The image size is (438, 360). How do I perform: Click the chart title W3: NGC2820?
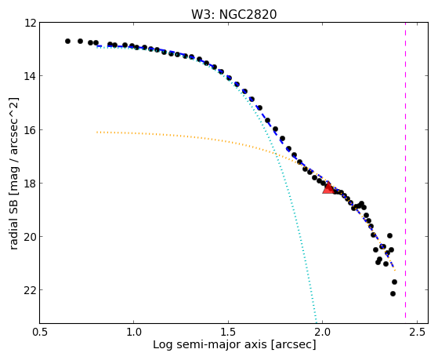pyautogui.click(x=233, y=14)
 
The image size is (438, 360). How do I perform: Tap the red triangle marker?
pyautogui.click(x=328, y=188)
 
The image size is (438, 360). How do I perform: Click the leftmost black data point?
pyautogui.click(x=67, y=41)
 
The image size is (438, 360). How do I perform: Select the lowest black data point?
pyautogui.click(x=393, y=293)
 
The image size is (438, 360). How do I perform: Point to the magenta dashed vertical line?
pyautogui.click(x=405, y=173)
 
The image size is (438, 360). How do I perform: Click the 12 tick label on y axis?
pyautogui.click(x=31, y=23)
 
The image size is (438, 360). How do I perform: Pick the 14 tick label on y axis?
pyautogui.click(x=31, y=76)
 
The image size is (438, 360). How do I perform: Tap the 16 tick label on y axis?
pyautogui.click(x=31, y=130)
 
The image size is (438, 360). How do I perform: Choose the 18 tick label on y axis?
pyautogui.click(x=31, y=184)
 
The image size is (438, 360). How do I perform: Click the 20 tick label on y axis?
pyautogui.click(x=31, y=237)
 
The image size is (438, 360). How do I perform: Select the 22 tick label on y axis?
pyautogui.click(x=31, y=290)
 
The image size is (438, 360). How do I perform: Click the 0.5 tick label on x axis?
pyautogui.click(x=40, y=332)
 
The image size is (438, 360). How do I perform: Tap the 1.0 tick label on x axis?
pyautogui.click(x=134, y=332)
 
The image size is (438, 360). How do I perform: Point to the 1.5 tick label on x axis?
pyautogui.click(x=228, y=332)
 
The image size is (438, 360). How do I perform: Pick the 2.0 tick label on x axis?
pyautogui.click(x=323, y=332)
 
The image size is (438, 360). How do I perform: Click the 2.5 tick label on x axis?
pyautogui.click(x=417, y=332)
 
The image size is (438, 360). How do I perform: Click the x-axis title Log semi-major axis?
pyautogui.click(x=210, y=344)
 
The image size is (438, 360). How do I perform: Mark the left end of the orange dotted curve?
pyautogui.click(x=97, y=132)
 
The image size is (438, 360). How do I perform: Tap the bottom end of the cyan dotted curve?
pyautogui.click(x=317, y=322)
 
